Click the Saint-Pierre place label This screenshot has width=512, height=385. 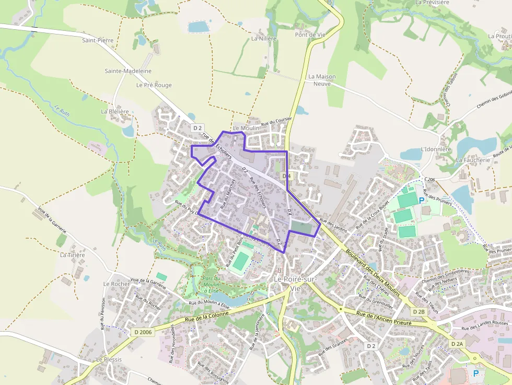click(98, 40)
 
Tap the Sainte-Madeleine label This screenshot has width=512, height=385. click(128, 71)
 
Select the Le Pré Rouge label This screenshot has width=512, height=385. click(154, 85)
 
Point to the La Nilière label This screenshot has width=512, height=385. click(264, 38)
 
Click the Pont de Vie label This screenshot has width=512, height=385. click(310, 34)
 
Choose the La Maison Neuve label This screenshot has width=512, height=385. click(322, 80)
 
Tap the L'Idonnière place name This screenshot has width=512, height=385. click(436, 149)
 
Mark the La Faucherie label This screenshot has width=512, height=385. click(473, 160)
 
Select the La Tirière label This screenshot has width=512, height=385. click(73, 255)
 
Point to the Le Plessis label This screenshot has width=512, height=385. click(109, 359)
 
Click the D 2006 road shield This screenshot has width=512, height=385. click(143, 331)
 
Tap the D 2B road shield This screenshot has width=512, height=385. click(418, 311)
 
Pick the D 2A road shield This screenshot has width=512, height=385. click(457, 344)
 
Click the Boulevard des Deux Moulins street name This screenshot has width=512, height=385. click(373, 272)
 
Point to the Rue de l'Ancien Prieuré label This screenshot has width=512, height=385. click(384, 319)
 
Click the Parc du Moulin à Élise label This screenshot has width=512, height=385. click(212, 284)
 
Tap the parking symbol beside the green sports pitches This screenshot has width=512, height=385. click(422, 200)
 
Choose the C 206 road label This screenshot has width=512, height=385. click(429, 180)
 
